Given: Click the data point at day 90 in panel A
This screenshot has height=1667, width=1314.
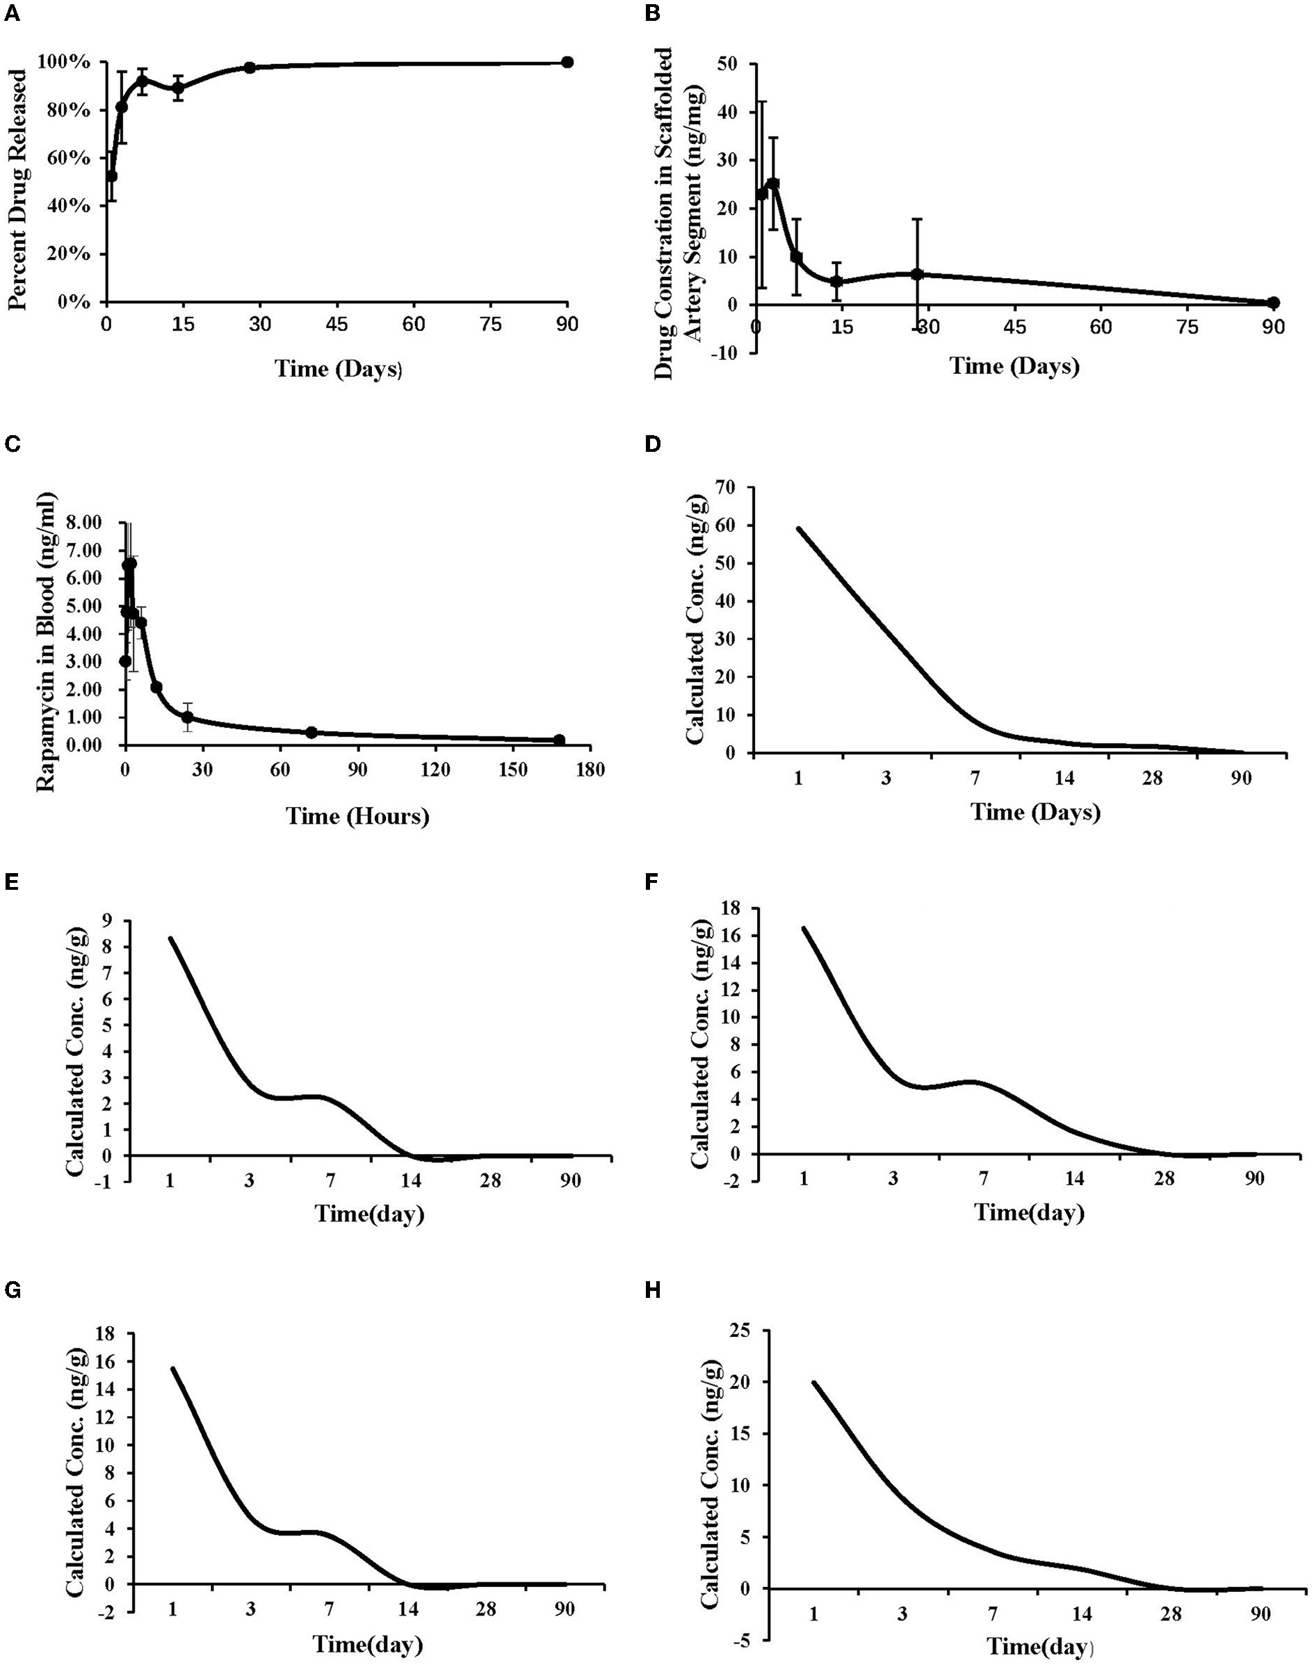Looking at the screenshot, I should [567, 63].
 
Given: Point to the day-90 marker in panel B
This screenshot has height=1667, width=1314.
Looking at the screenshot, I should [1273, 302].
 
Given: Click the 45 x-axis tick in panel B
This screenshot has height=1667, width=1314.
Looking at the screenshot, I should [1015, 327].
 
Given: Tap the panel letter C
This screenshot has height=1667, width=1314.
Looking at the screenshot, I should [13, 445].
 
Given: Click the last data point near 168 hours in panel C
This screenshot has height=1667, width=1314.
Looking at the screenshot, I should [559, 740].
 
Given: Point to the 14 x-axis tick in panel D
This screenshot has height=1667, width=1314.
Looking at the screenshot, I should [1064, 779].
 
